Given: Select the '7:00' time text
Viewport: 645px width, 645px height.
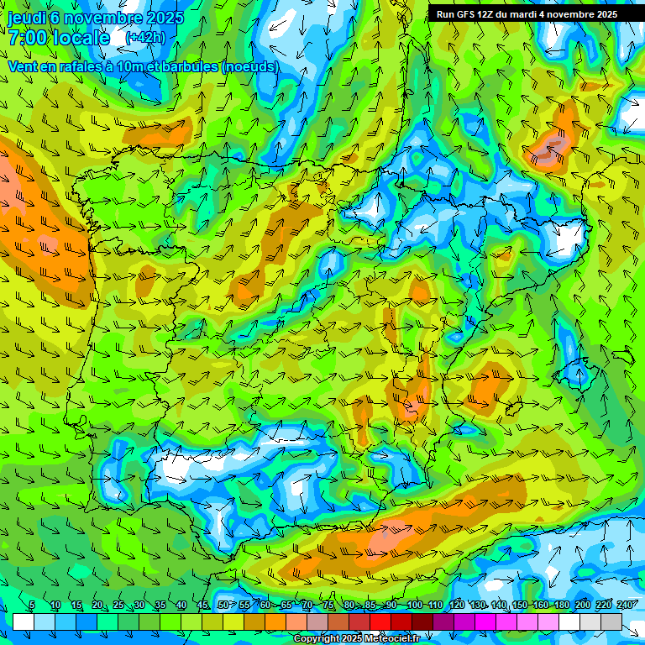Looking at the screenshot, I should pos(27,38).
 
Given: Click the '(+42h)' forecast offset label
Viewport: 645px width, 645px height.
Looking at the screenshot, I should pos(145,38).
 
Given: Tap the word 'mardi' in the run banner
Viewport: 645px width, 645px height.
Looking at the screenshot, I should pos(526,14).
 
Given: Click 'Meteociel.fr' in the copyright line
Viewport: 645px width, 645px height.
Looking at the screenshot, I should pos(389,639).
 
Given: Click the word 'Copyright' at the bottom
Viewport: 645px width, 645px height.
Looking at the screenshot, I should pos(317,639).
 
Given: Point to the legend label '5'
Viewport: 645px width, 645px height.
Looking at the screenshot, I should pos(32,606).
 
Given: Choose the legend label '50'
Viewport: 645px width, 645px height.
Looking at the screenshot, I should pos(223,606).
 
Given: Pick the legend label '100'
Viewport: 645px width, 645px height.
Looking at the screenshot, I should pos(414,606).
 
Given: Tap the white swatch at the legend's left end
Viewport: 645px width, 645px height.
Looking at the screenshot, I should pos(24,621).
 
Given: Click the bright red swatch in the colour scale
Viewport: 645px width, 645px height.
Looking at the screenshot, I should pos(380,621).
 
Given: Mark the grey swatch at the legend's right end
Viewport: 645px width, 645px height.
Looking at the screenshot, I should pos(611,621).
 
